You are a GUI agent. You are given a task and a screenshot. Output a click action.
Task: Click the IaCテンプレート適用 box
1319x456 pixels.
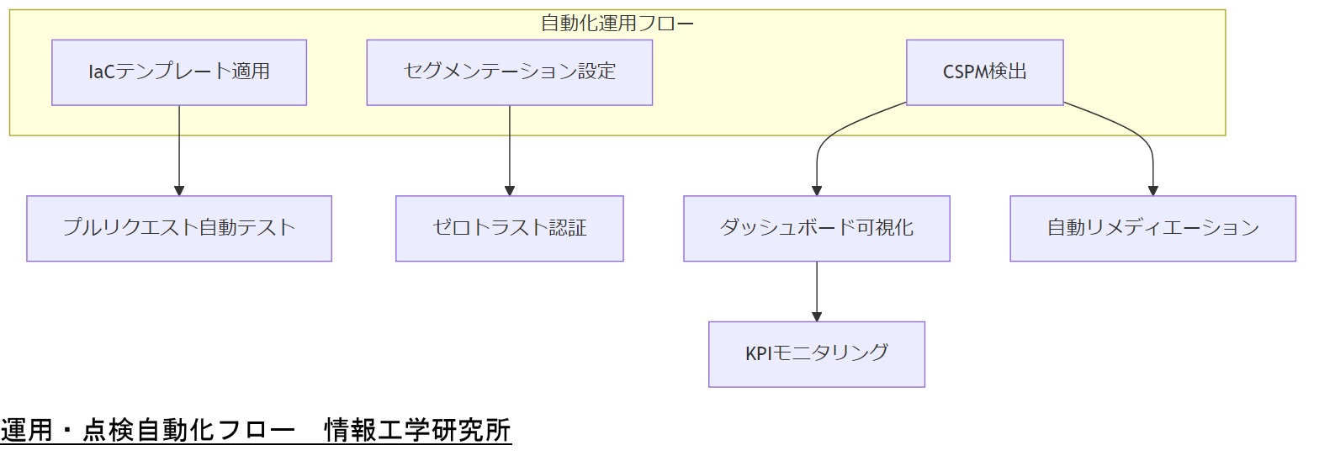click(x=178, y=72)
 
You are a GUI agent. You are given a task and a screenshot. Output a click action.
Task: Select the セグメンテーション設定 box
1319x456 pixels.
click(x=509, y=72)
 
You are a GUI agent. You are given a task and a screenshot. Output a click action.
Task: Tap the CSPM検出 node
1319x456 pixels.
click(x=984, y=72)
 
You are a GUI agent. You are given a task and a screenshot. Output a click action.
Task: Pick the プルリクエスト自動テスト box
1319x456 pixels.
click(x=178, y=228)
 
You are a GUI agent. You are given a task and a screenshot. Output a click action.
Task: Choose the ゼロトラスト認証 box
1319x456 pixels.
click(x=509, y=228)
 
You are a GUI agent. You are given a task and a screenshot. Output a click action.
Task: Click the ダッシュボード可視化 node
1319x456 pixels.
click(x=816, y=228)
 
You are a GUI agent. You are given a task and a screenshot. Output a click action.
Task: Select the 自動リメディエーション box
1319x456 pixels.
click(x=1152, y=228)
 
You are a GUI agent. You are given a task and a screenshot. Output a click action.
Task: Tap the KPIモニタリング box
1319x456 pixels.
click(x=816, y=353)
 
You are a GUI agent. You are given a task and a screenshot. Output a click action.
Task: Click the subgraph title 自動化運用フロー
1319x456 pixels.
click(x=617, y=23)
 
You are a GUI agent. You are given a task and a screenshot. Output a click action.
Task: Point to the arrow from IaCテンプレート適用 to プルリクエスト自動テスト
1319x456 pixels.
click(x=179, y=151)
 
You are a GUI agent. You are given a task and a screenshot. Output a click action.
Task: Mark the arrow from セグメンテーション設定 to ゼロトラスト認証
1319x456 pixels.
click(x=510, y=151)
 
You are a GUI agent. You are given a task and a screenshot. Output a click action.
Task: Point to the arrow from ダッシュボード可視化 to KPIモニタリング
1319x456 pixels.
click(x=817, y=290)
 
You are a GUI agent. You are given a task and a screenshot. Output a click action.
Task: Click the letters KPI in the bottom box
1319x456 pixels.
click(x=760, y=353)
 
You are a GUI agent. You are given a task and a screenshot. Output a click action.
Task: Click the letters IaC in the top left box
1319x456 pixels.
click(x=101, y=72)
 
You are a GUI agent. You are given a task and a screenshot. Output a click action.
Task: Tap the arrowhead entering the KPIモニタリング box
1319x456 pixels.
click(x=817, y=316)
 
